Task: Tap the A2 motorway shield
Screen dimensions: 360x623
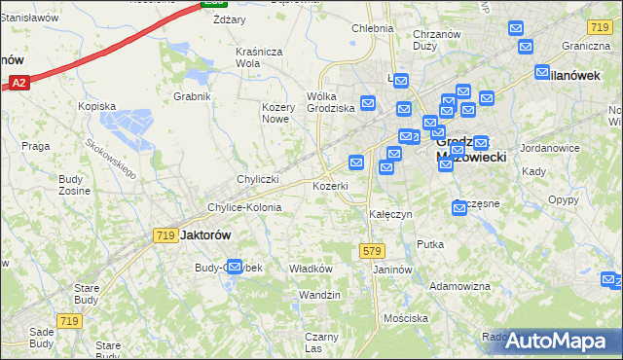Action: [19, 85]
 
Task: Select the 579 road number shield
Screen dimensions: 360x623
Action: [372, 251]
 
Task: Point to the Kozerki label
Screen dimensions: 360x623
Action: [330, 186]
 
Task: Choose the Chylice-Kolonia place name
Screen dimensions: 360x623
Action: [244, 207]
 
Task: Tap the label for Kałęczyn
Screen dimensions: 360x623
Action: [390, 213]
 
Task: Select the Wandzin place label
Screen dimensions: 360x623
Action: [319, 295]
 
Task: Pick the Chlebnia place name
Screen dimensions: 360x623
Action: [372, 28]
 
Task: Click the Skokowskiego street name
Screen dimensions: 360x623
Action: [110, 157]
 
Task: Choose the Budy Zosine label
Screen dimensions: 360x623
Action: [74, 185]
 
